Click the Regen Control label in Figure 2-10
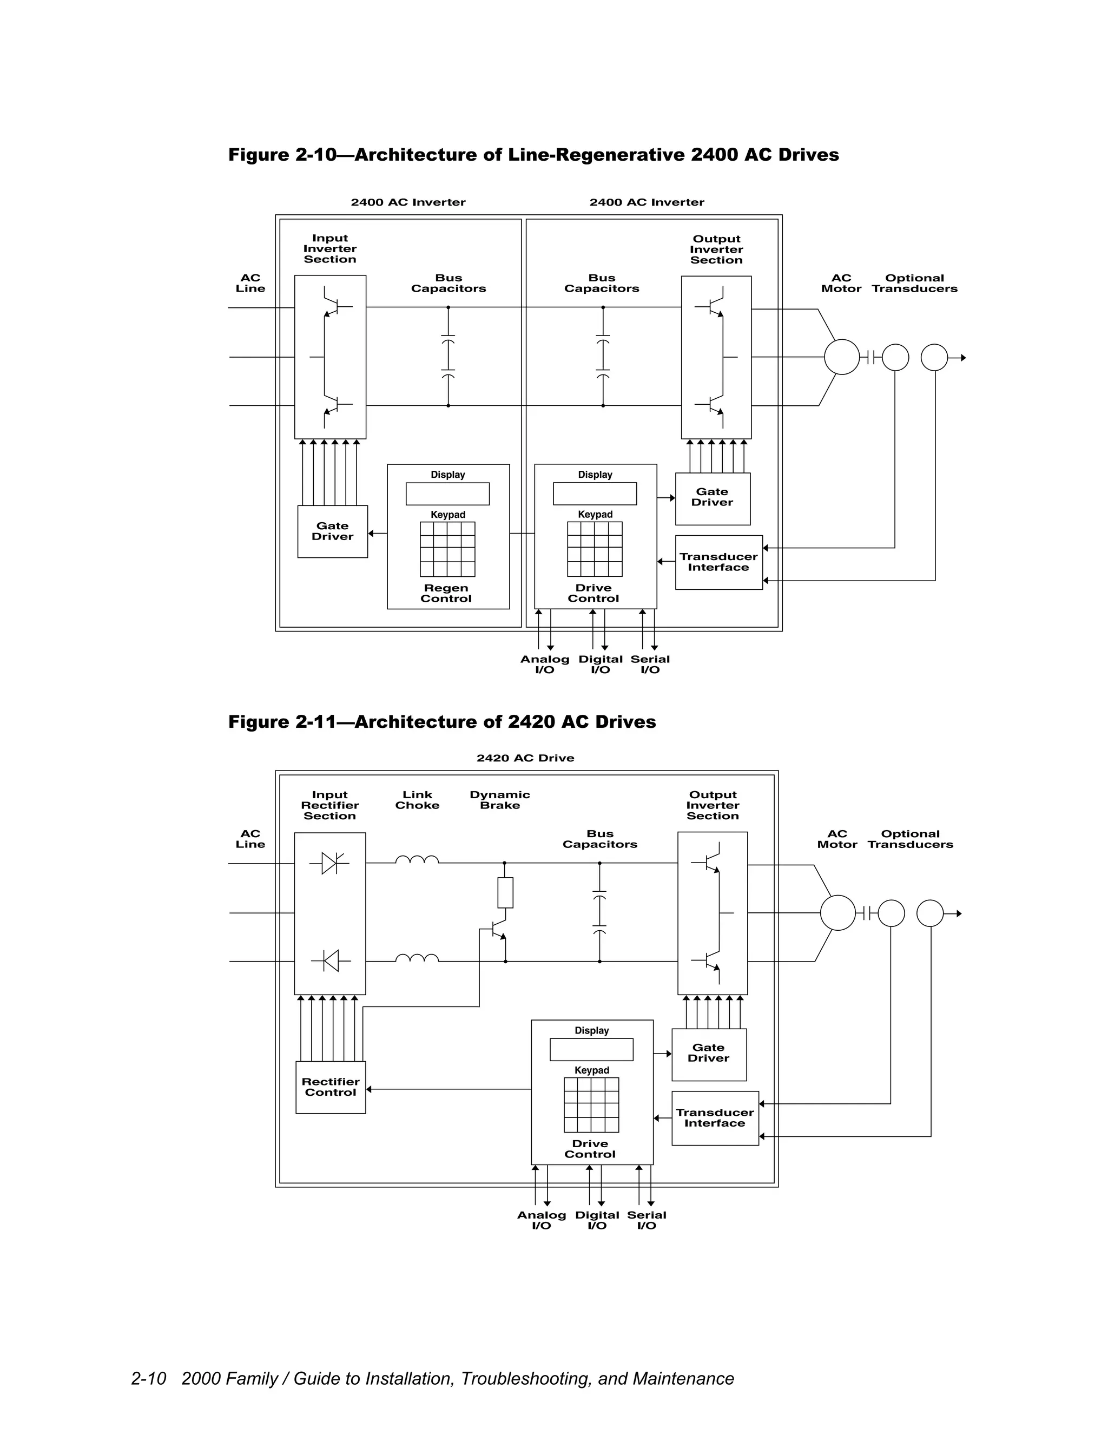tap(446, 593)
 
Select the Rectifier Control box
tap(330, 1087)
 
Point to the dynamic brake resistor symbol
tap(505, 892)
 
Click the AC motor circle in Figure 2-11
tap(837, 913)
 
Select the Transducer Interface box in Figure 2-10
tap(719, 562)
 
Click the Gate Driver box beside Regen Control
tap(332, 531)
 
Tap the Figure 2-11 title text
tap(442, 721)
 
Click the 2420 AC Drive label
tap(525, 758)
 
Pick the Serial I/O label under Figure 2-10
tap(650, 664)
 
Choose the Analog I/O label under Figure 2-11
tap(542, 1220)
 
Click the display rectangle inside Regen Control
tap(447, 494)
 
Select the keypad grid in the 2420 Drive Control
tap(591, 1104)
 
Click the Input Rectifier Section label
tap(329, 805)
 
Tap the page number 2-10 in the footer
tap(148, 1378)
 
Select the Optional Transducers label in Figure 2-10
tap(914, 283)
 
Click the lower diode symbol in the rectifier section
tap(331, 961)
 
